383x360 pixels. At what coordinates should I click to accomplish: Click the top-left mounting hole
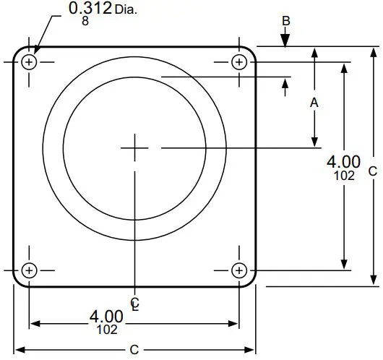point(29,62)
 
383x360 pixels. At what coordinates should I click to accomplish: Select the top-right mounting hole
point(239,62)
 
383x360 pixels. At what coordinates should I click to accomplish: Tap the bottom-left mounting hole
point(29,270)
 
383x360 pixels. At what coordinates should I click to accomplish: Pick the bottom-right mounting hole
point(239,270)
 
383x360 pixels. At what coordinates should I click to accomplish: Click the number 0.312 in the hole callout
point(90,9)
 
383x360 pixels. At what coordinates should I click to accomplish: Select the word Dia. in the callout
point(126,11)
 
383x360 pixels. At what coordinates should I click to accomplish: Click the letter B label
point(286,21)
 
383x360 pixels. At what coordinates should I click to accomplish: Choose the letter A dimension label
point(314,103)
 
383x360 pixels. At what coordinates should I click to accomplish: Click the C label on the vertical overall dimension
point(372,171)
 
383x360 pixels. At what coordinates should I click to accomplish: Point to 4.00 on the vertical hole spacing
point(344,162)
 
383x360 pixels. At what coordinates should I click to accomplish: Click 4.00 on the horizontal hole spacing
point(107,316)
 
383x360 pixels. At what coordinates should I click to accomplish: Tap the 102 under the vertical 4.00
point(345,175)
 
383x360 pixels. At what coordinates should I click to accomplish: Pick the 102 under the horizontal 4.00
point(107,329)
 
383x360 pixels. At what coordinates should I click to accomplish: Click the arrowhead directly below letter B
point(286,43)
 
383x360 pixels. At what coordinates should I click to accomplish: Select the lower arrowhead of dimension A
point(314,141)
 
